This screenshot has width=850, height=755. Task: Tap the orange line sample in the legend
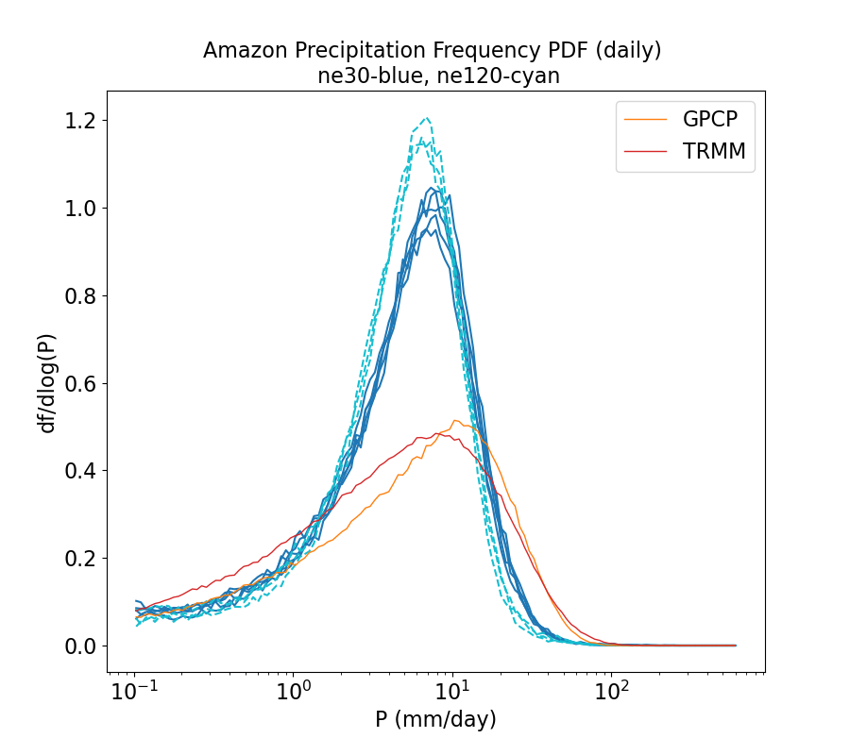coord(647,119)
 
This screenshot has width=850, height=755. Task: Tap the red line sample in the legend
coord(647,151)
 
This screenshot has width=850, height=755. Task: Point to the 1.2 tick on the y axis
coord(81,121)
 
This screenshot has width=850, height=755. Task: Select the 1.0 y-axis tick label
coord(81,209)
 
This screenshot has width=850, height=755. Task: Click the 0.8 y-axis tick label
coord(81,296)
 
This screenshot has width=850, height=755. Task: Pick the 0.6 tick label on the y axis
coord(81,384)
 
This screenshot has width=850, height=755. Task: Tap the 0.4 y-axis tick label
coord(81,471)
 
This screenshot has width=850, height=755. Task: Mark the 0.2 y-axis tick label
coord(81,559)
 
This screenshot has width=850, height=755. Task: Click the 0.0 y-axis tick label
coord(81,646)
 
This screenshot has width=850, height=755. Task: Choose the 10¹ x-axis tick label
coord(452,693)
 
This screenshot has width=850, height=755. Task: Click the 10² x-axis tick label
coord(612,693)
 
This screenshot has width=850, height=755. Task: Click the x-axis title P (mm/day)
coord(435,720)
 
